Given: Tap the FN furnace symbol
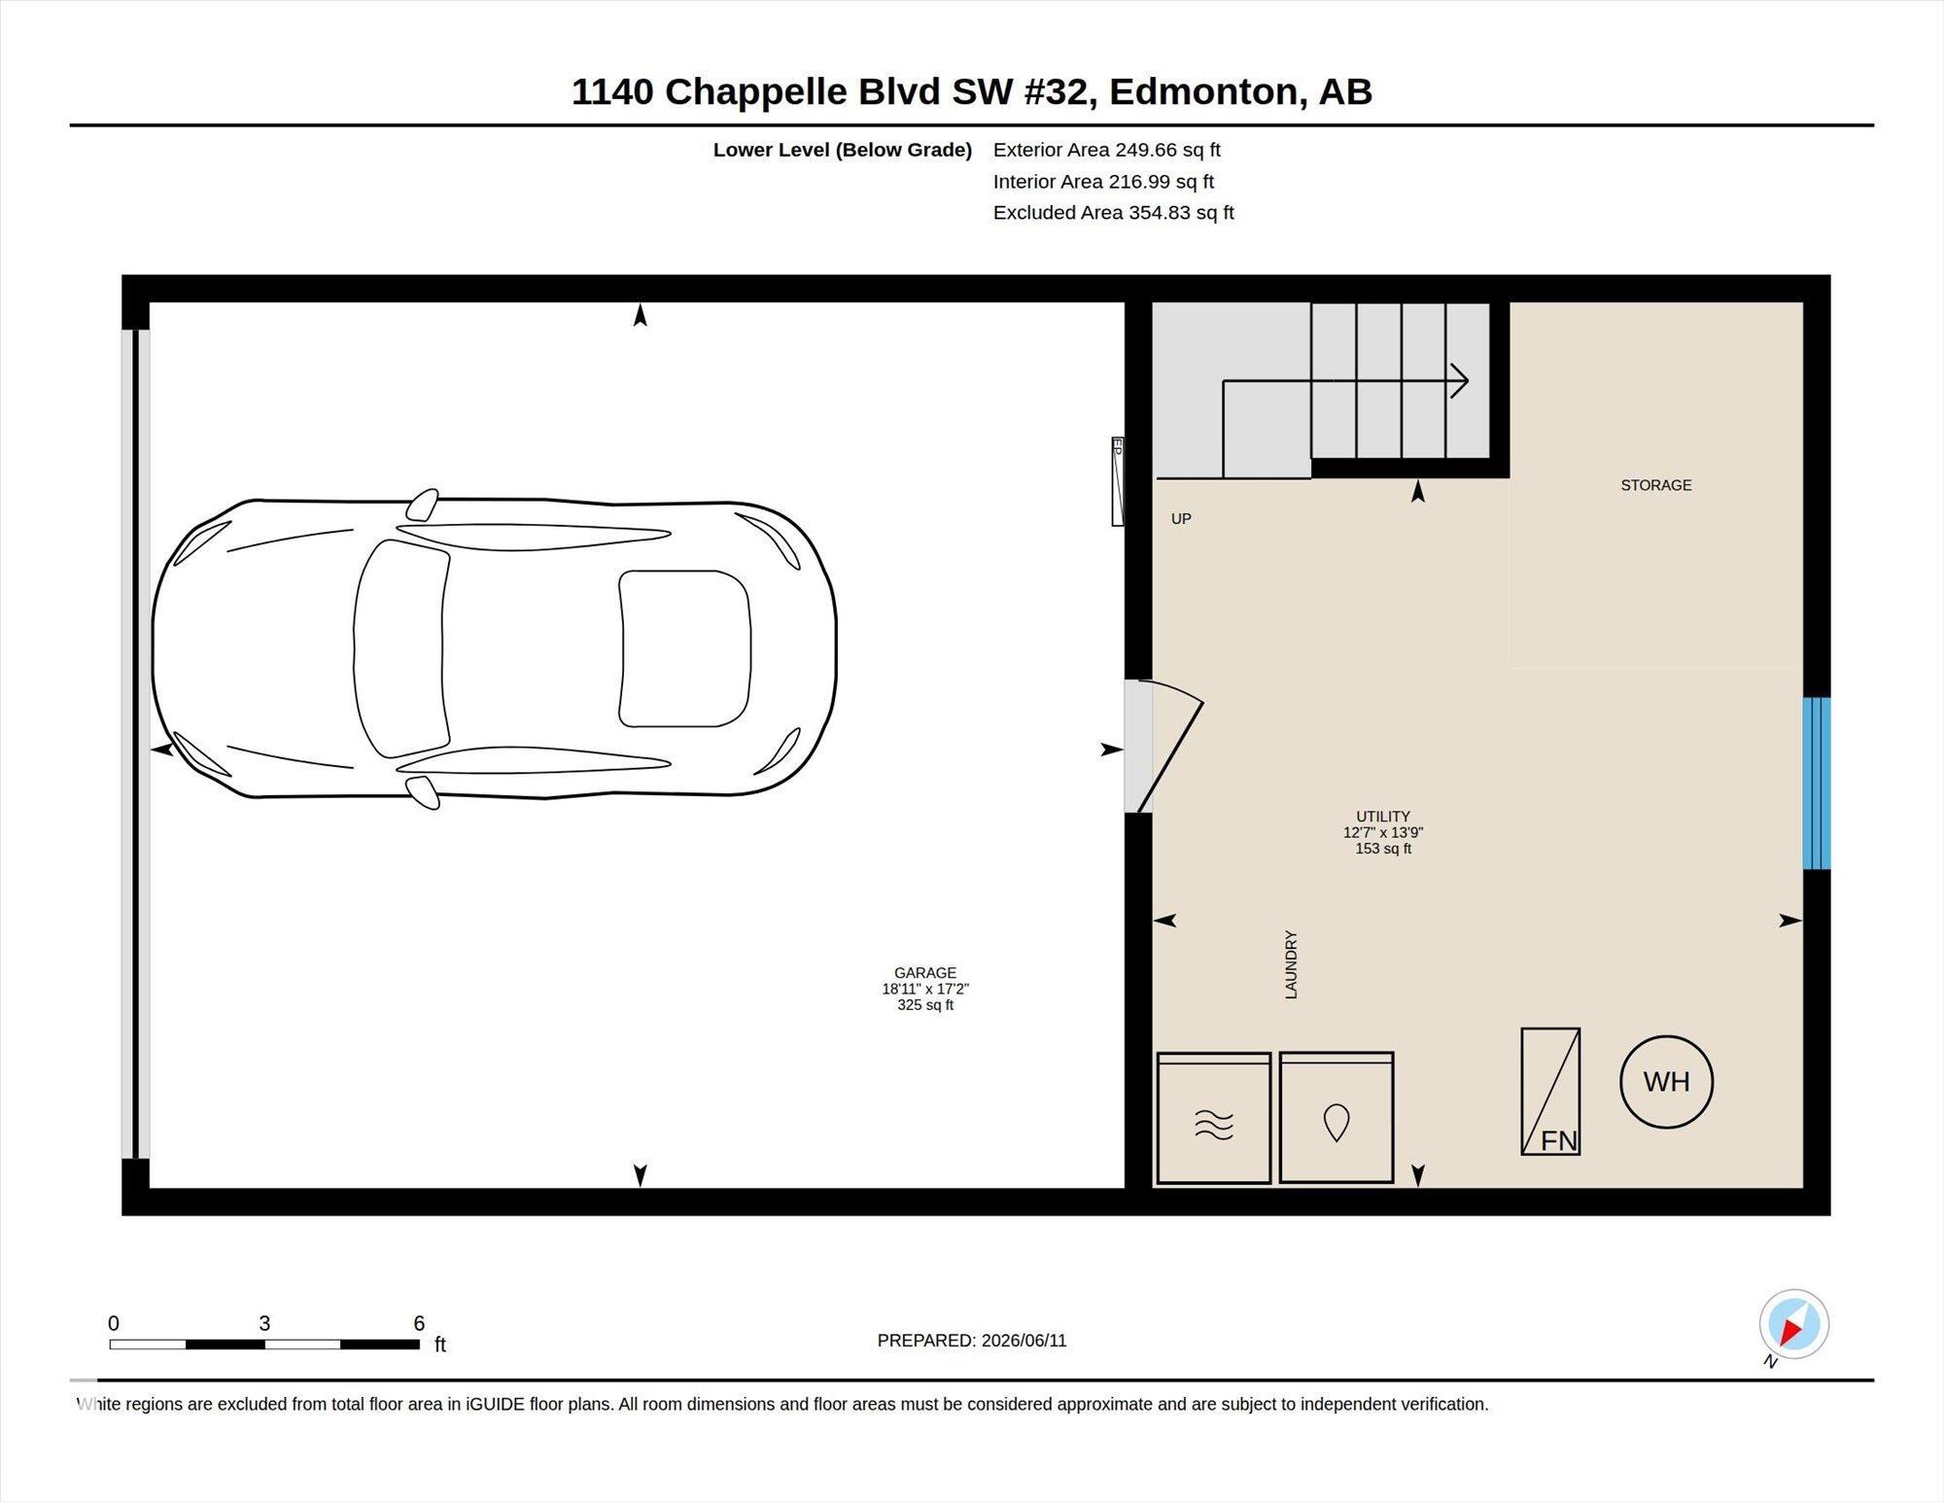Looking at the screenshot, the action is [1550, 1091].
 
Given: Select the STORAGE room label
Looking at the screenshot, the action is [1656, 485].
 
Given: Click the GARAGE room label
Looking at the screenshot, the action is [925, 973].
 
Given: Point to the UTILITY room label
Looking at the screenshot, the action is [1383, 817].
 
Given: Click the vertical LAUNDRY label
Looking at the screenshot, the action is [1291, 964].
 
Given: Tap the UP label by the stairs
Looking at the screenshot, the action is [1181, 519].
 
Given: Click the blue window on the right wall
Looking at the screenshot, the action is [1817, 783].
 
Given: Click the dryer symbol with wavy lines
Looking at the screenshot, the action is [1214, 1118].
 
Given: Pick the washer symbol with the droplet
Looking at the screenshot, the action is [1336, 1117].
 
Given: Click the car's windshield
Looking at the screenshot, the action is [400, 648].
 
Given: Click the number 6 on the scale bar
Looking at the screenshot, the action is [419, 1323].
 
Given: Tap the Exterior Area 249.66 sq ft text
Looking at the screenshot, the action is [1106, 150].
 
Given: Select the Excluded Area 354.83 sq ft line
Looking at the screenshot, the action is [1113, 212].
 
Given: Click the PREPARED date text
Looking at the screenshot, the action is [972, 1341].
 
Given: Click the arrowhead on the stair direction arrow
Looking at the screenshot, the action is [1460, 381].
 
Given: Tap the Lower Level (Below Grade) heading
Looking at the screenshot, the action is [843, 150].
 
